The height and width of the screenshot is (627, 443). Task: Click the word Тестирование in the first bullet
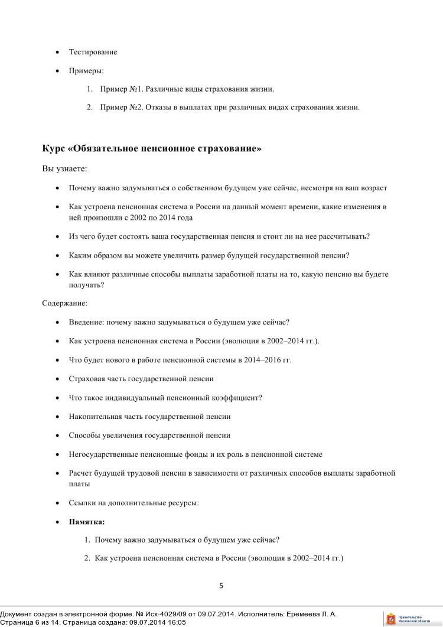point(93,52)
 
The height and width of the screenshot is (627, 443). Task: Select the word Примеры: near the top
point(86,71)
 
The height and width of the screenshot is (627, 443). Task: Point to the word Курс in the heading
point(53,148)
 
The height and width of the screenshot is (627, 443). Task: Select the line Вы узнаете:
point(64,169)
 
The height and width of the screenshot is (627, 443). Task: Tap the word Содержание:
point(64,303)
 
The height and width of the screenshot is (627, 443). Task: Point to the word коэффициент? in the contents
point(239,398)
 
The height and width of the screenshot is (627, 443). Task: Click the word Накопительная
point(93,417)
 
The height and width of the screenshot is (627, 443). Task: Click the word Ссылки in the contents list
point(82,503)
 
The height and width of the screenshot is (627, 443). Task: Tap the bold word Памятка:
point(87,522)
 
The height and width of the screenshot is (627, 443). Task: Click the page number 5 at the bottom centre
point(221,586)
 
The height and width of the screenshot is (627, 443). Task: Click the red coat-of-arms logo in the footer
point(390,619)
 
